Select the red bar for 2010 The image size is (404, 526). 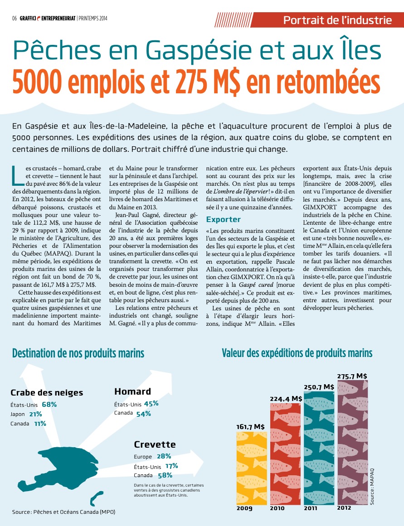click(x=285, y=453)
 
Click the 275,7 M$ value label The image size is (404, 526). click(x=352, y=376)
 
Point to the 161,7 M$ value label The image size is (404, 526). click(x=250, y=426)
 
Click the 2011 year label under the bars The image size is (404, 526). click(x=311, y=508)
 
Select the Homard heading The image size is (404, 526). click(x=132, y=391)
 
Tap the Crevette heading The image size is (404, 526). click(x=155, y=444)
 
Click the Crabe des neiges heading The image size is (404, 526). click(x=47, y=393)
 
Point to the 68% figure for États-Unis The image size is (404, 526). click(x=49, y=404)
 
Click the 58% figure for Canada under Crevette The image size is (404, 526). click(x=165, y=475)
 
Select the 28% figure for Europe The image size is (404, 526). click(x=164, y=456)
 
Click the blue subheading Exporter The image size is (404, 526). click(x=223, y=219)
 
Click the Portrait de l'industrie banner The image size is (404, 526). click(x=337, y=20)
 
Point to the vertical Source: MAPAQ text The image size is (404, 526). click(x=372, y=487)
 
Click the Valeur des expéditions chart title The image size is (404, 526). click(x=297, y=353)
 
